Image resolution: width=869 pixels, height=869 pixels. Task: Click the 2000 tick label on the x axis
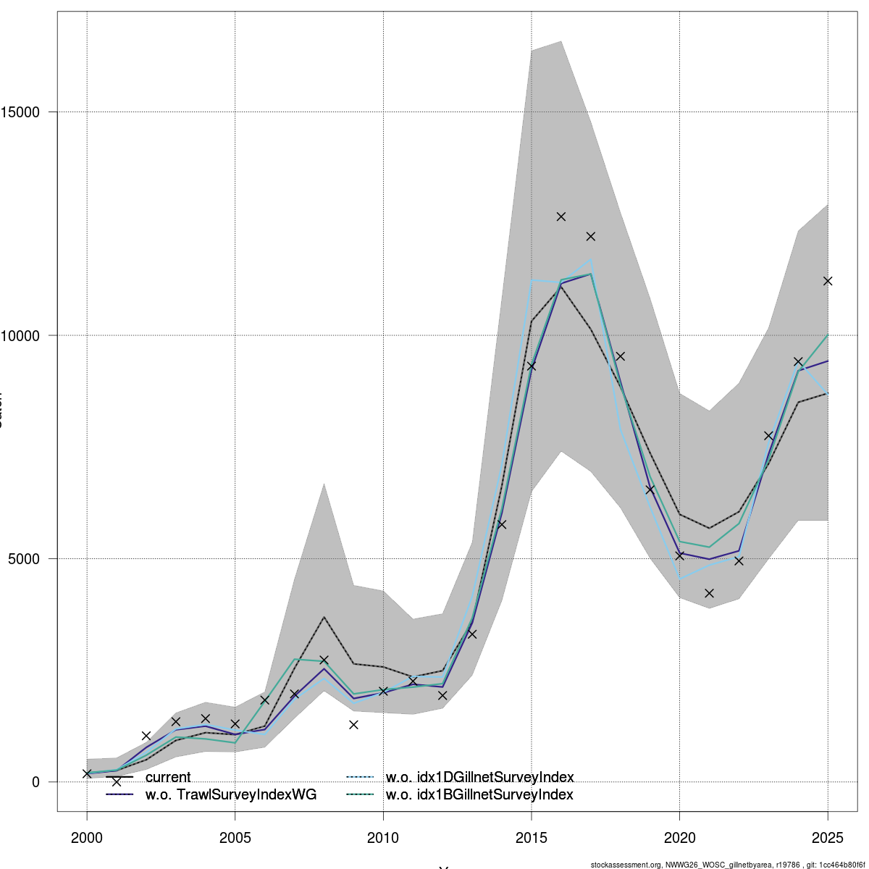(x=87, y=838)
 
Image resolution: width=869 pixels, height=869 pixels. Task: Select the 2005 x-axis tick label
(x=235, y=838)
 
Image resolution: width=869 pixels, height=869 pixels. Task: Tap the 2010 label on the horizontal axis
(x=383, y=838)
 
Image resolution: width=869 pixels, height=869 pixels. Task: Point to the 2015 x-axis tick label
(x=532, y=838)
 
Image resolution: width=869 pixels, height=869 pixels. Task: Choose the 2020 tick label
(x=680, y=838)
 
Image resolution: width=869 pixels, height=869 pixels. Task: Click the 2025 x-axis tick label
(x=828, y=838)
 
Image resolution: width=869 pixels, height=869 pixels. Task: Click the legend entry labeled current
(x=168, y=778)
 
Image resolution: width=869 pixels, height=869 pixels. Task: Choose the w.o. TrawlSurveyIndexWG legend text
(x=231, y=795)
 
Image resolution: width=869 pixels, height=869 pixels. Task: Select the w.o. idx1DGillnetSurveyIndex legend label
(x=479, y=778)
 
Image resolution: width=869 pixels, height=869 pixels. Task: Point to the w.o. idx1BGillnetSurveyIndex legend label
(x=479, y=795)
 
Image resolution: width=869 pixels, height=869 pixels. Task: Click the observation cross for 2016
(x=561, y=217)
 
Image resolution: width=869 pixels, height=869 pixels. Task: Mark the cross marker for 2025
(x=828, y=281)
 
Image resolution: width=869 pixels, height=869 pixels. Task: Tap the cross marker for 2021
(x=710, y=593)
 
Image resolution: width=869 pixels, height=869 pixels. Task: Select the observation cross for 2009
(x=353, y=725)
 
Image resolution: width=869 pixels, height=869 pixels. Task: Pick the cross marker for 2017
(x=591, y=236)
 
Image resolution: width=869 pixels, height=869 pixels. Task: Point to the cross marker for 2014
(x=502, y=524)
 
